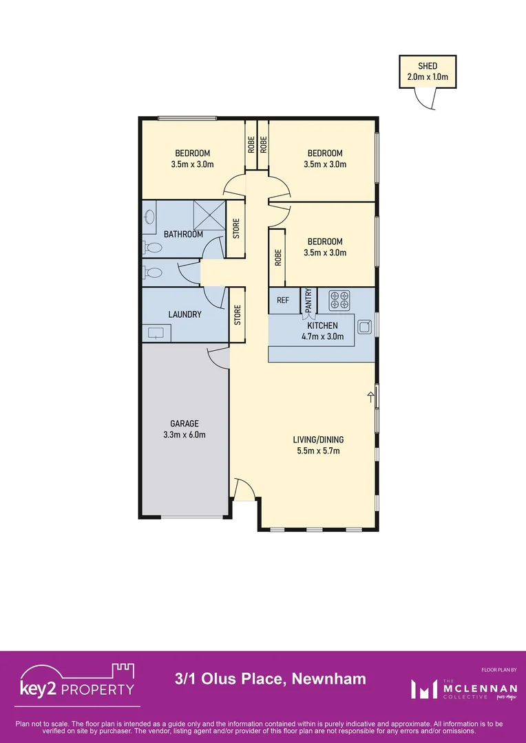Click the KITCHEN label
pyautogui.click(x=322, y=325)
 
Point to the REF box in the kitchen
pyautogui.click(x=282, y=300)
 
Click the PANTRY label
pyautogui.click(x=308, y=301)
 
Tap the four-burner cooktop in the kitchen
pyautogui.click(x=339, y=300)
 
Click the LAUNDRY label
pyautogui.click(x=185, y=314)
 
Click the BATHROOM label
pyautogui.click(x=183, y=235)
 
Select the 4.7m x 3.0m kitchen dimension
pyautogui.click(x=322, y=336)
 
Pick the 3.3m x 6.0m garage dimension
pyautogui.click(x=185, y=435)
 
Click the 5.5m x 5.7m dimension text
pyautogui.click(x=318, y=451)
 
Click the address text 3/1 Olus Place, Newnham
pyautogui.click(x=270, y=680)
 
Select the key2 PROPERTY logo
pyautogui.click(x=77, y=683)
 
